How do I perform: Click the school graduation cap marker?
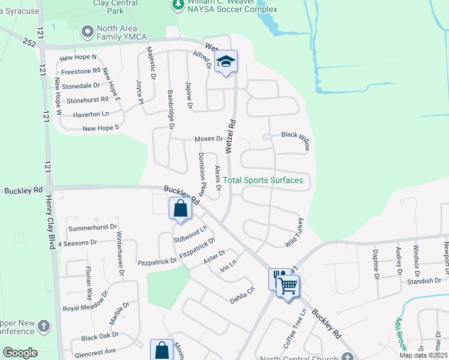point(226,61)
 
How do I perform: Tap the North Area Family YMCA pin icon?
point(88,31)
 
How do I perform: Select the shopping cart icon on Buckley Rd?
point(288,284)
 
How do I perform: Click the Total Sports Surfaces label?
point(263,180)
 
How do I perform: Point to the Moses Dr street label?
point(208,139)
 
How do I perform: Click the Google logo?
point(19,353)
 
